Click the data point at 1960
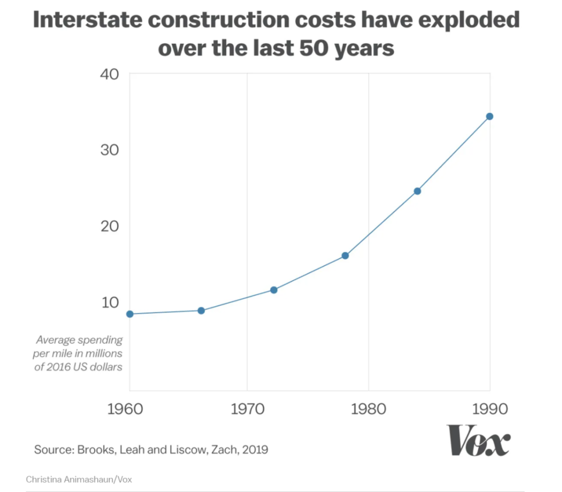coord(130,314)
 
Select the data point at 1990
coord(490,116)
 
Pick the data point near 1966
coord(201,311)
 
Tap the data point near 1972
coord(274,290)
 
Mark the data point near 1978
coord(345,256)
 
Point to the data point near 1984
coord(417,191)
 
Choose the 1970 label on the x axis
coord(247,408)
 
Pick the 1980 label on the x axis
coord(368,408)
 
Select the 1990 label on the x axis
coord(490,408)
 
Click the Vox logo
coord(478,440)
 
